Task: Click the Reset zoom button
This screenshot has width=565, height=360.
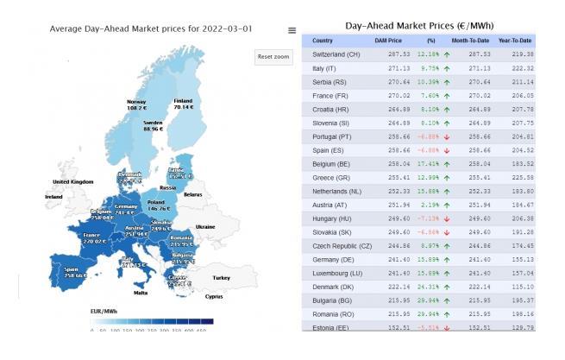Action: coord(273,57)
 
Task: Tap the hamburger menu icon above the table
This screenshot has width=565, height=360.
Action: coord(292,30)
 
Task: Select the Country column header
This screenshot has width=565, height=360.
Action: coord(323,41)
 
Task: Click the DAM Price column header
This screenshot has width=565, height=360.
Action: coord(388,41)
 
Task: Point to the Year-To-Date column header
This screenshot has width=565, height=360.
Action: coord(516,41)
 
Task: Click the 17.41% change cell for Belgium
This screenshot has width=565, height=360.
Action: coord(428,162)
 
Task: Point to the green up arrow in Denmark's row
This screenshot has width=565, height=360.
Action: coord(447,286)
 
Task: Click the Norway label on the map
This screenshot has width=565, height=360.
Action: coord(136,103)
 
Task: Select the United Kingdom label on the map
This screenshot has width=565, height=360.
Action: coord(72,182)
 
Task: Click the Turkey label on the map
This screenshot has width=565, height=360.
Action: coord(223,277)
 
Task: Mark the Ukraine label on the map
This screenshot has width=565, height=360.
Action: coord(204,226)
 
